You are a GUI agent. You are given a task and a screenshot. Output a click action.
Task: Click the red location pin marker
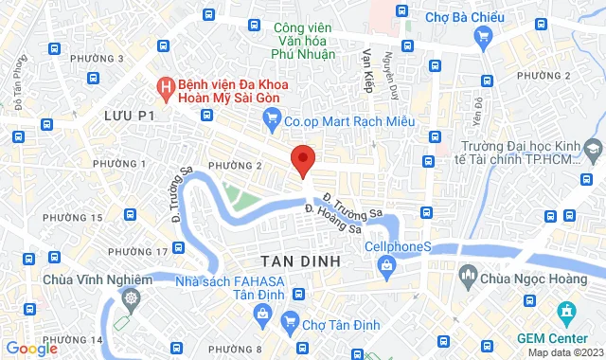(302, 159)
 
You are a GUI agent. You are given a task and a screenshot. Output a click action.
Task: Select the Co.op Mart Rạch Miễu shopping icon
(273, 119)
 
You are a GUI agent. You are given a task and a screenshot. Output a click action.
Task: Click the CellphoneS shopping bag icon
(387, 267)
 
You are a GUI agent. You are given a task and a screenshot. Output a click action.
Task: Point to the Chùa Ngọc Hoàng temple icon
(467, 277)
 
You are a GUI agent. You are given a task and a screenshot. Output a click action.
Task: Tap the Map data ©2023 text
(565, 353)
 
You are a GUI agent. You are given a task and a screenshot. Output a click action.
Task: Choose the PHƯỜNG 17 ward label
(138, 251)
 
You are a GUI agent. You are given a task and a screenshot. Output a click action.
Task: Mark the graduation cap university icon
(593, 149)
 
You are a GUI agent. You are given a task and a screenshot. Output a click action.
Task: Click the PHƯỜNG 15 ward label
(73, 218)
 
